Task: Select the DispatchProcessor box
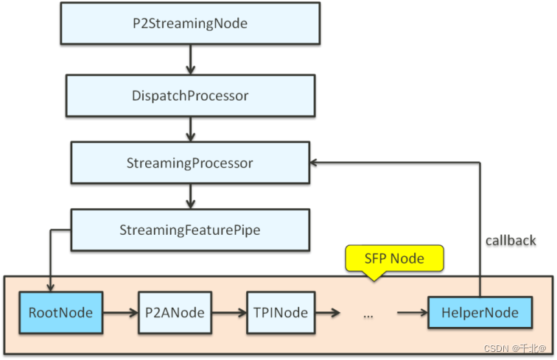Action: click(189, 95)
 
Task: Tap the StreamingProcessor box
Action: click(190, 163)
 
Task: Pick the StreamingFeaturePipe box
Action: click(190, 230)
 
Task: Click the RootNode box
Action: click(60, 313)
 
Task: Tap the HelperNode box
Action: click(480, 313)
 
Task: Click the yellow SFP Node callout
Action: click(395, 258)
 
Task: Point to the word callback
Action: click(511, 240)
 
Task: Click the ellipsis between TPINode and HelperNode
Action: click(368, 314)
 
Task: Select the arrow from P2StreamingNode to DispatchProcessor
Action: click(190, 59)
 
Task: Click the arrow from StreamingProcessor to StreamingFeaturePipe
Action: click(190, 196)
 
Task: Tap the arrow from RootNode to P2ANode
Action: click(119, 313)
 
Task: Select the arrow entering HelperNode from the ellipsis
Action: click(413, 313)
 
